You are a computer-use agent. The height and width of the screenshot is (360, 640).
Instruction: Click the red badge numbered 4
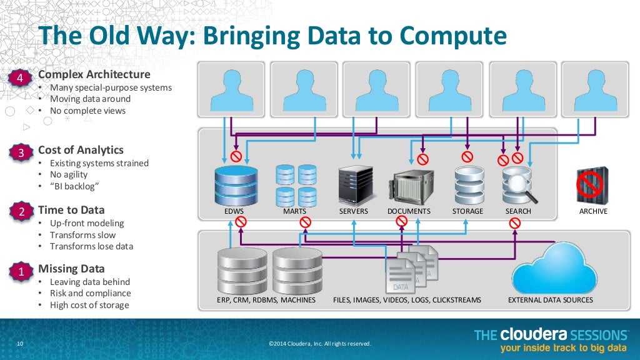point(20,78)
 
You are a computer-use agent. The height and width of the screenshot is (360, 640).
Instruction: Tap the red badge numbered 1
point(20,272)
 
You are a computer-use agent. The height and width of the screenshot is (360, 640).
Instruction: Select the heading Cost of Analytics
point(81,150)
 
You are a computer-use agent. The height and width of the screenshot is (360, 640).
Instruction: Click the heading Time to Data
point(71,210)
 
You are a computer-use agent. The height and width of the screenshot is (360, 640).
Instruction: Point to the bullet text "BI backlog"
point(76,187)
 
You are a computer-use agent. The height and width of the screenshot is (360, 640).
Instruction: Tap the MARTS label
point(294,211)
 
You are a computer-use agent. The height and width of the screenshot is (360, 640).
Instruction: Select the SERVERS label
point(354,211)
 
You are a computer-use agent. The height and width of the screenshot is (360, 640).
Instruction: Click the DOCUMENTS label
point(409,211)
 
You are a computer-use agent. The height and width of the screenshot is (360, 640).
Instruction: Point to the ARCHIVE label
point(593,211)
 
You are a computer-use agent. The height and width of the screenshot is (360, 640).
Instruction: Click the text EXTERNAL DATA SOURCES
point(551,300)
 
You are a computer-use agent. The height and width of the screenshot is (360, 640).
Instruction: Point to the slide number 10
point(19,344)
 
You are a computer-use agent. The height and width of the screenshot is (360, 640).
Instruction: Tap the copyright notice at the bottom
point(319,344)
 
